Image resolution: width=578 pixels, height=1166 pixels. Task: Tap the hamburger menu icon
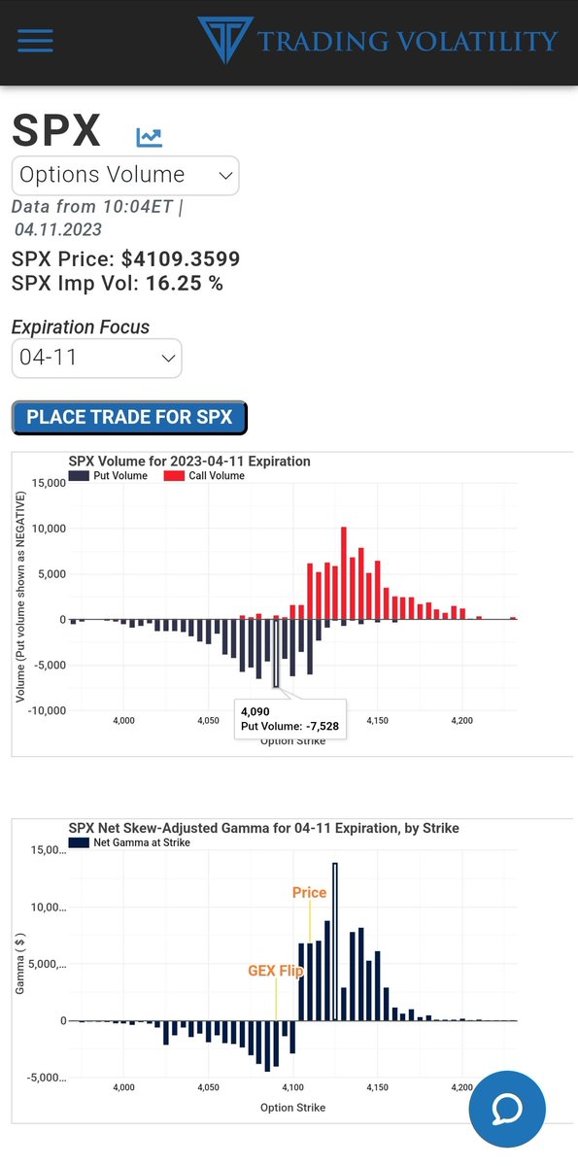pyautogui.click(x=35, y=40)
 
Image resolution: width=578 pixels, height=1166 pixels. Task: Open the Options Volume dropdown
pyautogui.click(x=125, y=176)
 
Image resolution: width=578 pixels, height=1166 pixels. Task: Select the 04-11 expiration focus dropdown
pyautogui.click(x=96, y=358)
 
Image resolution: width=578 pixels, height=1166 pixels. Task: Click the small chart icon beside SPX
pyautogui.click(x=149, y=137)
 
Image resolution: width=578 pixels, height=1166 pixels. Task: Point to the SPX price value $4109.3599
pyautogui.click(x=181, y=259)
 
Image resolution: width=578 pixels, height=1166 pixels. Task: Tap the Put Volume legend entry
pyautogui.click(x=108, y=476)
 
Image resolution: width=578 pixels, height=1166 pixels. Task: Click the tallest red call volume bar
pyautogui.click(x=344, y=573)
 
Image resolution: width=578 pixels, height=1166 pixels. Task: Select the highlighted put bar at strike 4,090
pyautogui.click(x=276, y=653)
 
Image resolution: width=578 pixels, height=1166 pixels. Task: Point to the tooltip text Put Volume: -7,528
pyautogui.click(x=289, y=726)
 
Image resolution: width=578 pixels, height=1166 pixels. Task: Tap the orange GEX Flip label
pyautogui.click(x=275, y=971)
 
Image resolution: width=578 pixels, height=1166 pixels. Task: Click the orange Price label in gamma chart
pyautogui.click(x=309, y=892)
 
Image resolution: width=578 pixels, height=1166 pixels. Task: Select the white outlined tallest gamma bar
pyautogui.click(x=335, y=941)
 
